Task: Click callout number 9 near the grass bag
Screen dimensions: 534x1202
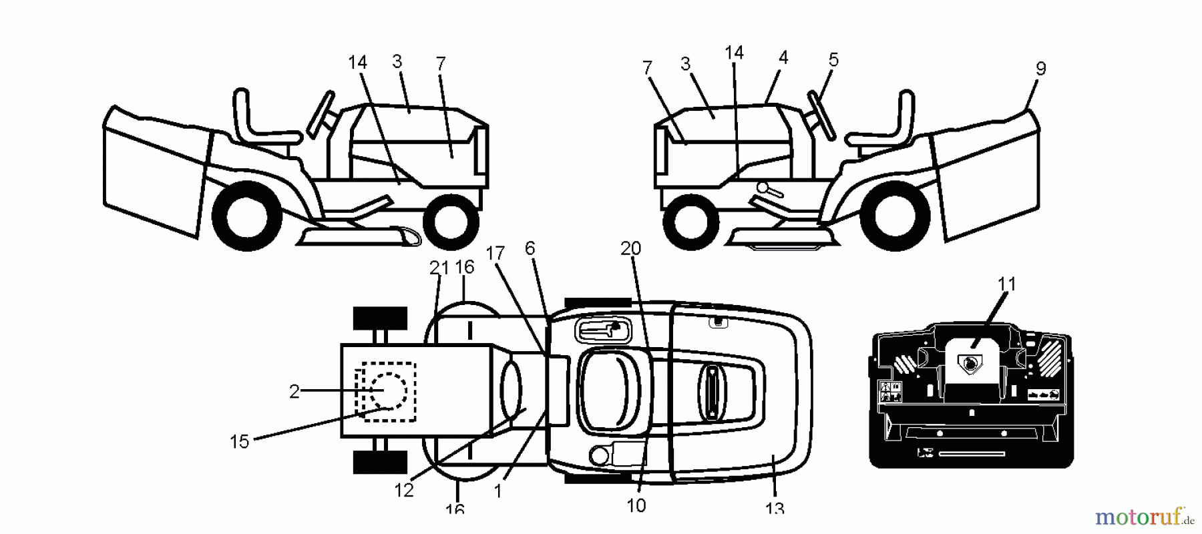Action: coord(1040,69)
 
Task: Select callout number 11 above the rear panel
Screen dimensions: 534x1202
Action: coord(1006,284)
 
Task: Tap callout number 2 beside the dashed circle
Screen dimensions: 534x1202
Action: coord(294,392)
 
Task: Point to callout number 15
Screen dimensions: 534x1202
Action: coord(239,441)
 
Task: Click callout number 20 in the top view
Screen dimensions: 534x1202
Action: coord(630,249)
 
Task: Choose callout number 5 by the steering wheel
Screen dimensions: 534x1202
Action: coord(833,60)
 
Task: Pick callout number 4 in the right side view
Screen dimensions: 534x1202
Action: coord(783,58)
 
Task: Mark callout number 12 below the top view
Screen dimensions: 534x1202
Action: coord(404,491)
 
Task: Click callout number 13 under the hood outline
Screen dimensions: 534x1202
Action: coord(774,508)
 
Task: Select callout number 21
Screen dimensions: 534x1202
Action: coord(439,268)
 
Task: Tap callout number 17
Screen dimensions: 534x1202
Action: coord(495,254)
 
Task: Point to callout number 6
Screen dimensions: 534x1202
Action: coord(530,248)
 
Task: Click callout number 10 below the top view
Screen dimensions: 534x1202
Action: coord(636,506)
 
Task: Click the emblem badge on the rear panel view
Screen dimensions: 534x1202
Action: coord(970,362)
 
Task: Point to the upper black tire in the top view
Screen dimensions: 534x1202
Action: coord(380,318)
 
